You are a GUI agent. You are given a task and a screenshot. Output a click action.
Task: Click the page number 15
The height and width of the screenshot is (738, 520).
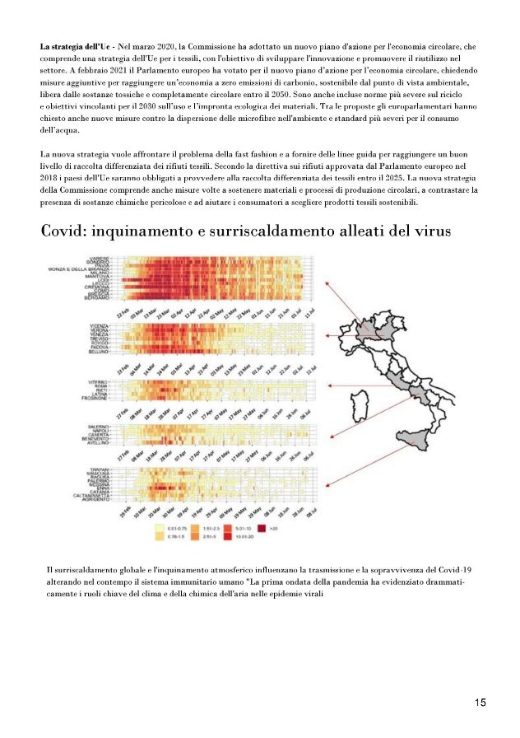point(480,703)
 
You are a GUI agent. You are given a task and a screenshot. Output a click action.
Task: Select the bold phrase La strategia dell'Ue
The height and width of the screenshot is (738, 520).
point(77,46)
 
